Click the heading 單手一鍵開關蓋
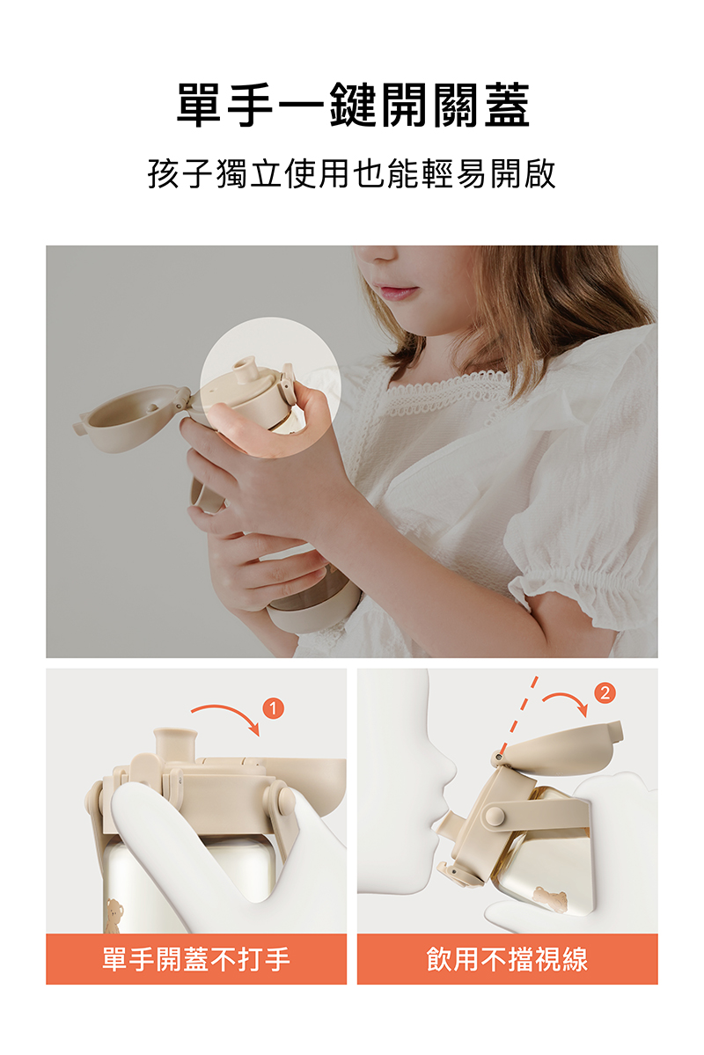pos(352,105)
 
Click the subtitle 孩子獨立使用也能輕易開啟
pos(351,173)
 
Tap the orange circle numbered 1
pos(274,707)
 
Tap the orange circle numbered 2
pos(605,693)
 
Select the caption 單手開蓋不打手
pos(196,959)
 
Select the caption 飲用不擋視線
pos(507,959)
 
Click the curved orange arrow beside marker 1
pos(225,716)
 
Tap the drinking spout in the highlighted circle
pos(246,370)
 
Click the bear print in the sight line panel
pos(550,898)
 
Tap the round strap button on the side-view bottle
pos(495,816)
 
